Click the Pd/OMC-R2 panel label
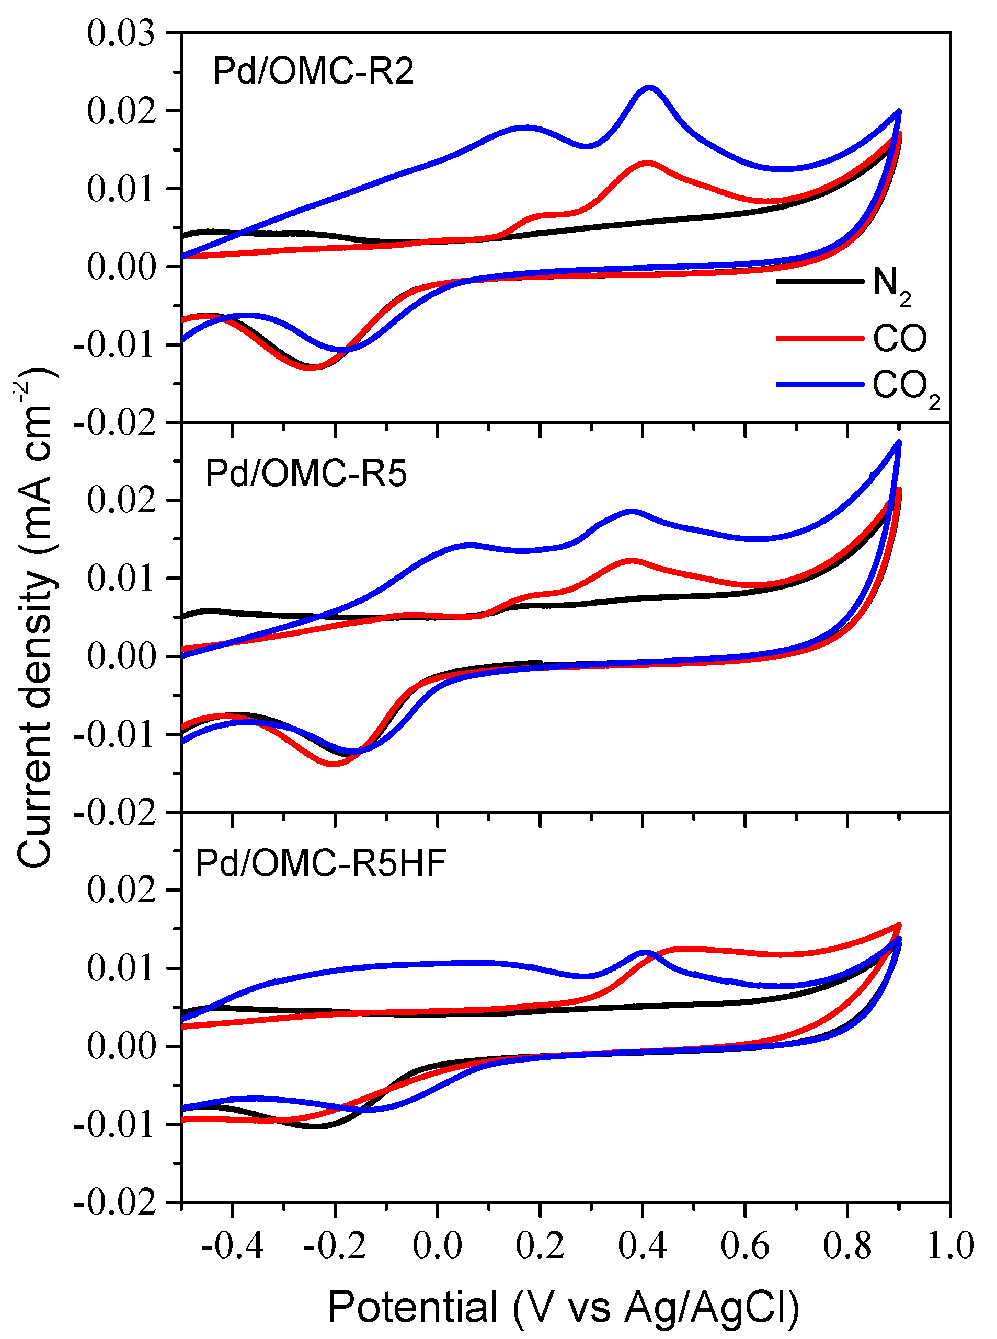(x=313, y=72)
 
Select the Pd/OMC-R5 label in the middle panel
(x=306, y=474)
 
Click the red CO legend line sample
(x=820, y=338)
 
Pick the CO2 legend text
(x=906, y=388)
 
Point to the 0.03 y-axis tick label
(x=121, y=33)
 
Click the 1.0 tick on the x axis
(x=950, y=1244)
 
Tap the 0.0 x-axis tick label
(x=437, y=1244)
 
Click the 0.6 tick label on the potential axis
(x=744, y=1244)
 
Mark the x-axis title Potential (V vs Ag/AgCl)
(x=563, y=1308)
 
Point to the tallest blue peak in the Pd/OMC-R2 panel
(x=649, y=88)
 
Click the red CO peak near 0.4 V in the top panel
(x=648, y=163)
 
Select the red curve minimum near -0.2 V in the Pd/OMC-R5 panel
(x=334, y=764)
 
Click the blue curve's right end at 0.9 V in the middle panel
(x=899, y=442)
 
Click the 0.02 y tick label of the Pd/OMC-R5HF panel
(x=121, y=890)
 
